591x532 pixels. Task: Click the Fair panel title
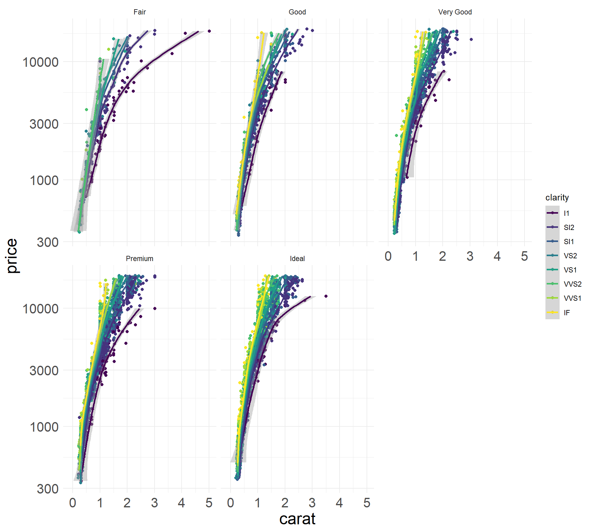(139, 12)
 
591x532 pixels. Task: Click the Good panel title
(297, 12)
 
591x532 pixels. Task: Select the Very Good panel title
(455, 12)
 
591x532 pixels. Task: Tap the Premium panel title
(139, 259)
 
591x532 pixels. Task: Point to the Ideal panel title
(297, 259)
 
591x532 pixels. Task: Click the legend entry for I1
(566, 213)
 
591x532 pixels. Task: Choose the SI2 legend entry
(569, 227)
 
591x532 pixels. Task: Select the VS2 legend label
(570, 256)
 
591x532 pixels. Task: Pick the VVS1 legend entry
(572, 298)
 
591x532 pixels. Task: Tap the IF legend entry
(567, 312)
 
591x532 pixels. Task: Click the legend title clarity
(557, 197)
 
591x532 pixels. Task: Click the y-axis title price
(12, 256)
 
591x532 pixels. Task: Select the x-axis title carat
(297, 519)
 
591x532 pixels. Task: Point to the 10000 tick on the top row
(41, 62)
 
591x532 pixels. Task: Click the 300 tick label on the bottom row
(47, 489)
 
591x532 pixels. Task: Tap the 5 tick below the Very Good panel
(524, 256)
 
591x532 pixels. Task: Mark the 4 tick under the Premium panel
(181, 503)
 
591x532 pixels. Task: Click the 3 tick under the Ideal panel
(312, 503)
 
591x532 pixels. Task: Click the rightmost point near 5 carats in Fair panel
(209, 31)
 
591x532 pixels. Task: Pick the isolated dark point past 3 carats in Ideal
(326, 296)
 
